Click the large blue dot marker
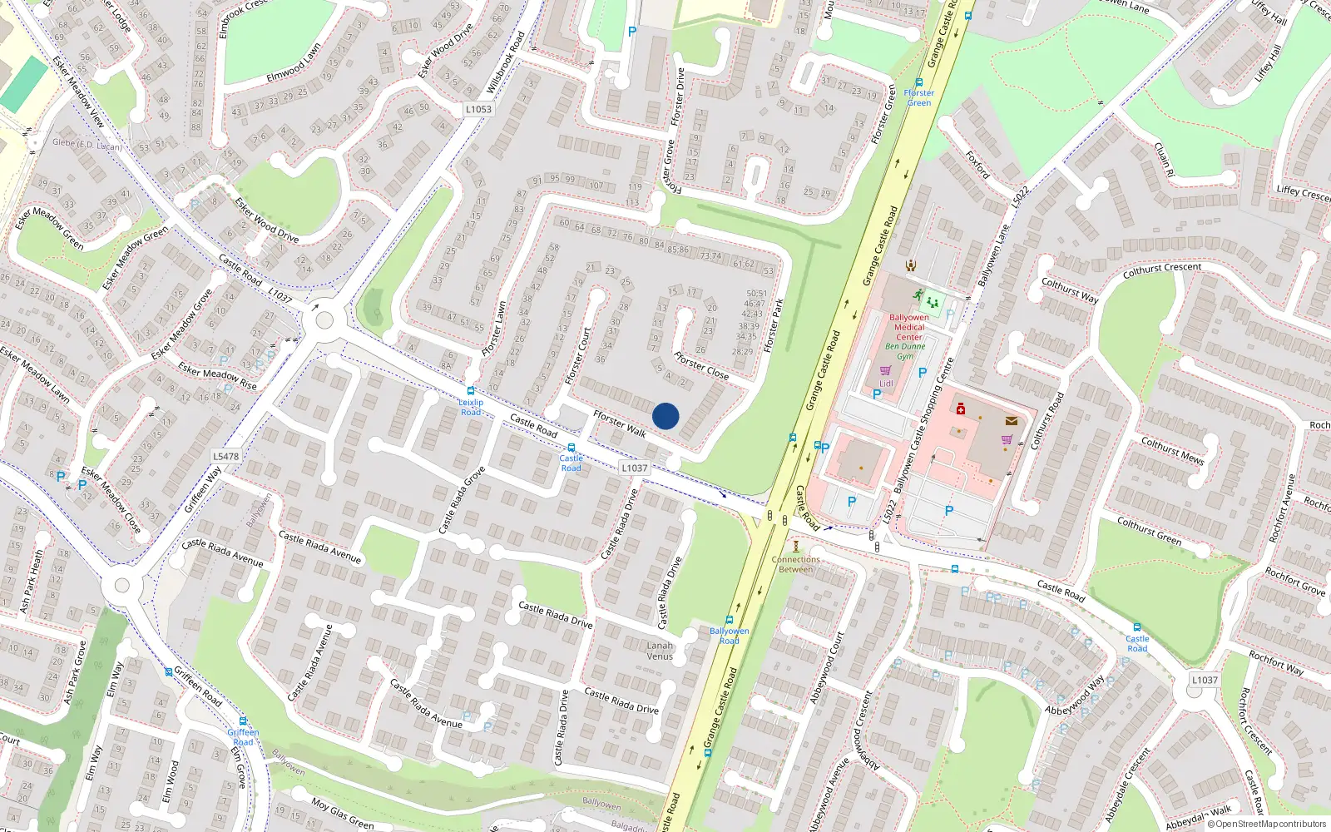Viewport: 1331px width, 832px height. pos(665,416)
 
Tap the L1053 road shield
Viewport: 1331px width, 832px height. pos(478,109)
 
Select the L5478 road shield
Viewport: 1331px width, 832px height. pos(225,456)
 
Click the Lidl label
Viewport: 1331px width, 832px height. pos(886,384)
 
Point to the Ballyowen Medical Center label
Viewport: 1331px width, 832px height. pos(909,327)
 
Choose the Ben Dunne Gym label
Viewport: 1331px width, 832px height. pos(905,351)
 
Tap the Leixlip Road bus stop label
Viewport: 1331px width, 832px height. pos(471,407)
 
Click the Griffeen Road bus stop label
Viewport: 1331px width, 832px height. pos(243,737)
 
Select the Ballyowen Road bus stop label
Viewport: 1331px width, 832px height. pos(729,636)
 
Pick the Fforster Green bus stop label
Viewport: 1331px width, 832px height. pos(919,97)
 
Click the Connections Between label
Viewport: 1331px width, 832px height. pos(795,564)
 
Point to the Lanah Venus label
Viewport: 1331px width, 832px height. pos(660,651)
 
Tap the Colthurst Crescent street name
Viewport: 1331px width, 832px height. pos(1161,270)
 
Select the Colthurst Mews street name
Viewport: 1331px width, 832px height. pos(1172,450)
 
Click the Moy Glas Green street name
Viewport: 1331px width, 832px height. pos(343,814)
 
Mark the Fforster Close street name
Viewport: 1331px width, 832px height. pos(700,365)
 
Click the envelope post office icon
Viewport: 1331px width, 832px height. pos(1012,421)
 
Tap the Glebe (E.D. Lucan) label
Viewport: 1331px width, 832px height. pos(87,144)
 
